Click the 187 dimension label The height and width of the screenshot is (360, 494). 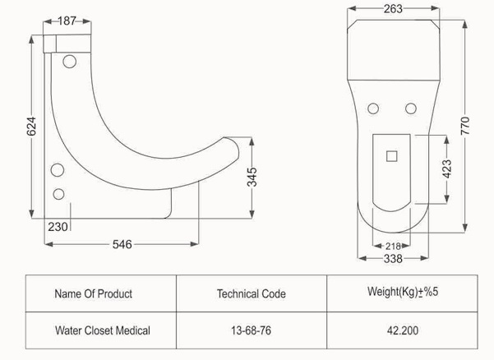point(67,21)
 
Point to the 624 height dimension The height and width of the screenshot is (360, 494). point(31,127)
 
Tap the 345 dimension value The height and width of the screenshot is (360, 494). point(252,177)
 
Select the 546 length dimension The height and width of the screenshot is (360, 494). point(122,244)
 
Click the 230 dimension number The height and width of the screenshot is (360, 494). point(58,227)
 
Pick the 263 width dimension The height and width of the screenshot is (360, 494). point(393,9)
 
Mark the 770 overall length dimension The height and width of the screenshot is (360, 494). point(465,126)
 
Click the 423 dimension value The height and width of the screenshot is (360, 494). point(447,168)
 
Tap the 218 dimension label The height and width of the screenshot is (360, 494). point(393,246)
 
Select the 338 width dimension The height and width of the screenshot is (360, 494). point(393,259)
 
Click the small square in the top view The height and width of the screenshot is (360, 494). point(391,156)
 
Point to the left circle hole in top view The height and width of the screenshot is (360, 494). point(373,108)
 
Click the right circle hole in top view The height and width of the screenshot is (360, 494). point(410,108)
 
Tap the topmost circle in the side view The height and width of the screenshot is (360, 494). point(69,62)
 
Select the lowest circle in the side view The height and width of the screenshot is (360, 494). point(58,194)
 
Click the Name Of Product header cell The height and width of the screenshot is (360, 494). point(93,293)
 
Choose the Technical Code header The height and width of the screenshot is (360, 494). point(251,293)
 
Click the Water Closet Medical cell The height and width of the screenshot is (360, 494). point(103,330)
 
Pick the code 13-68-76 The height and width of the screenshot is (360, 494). point(251,330)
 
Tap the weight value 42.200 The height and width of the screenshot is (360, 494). point(403,330)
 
